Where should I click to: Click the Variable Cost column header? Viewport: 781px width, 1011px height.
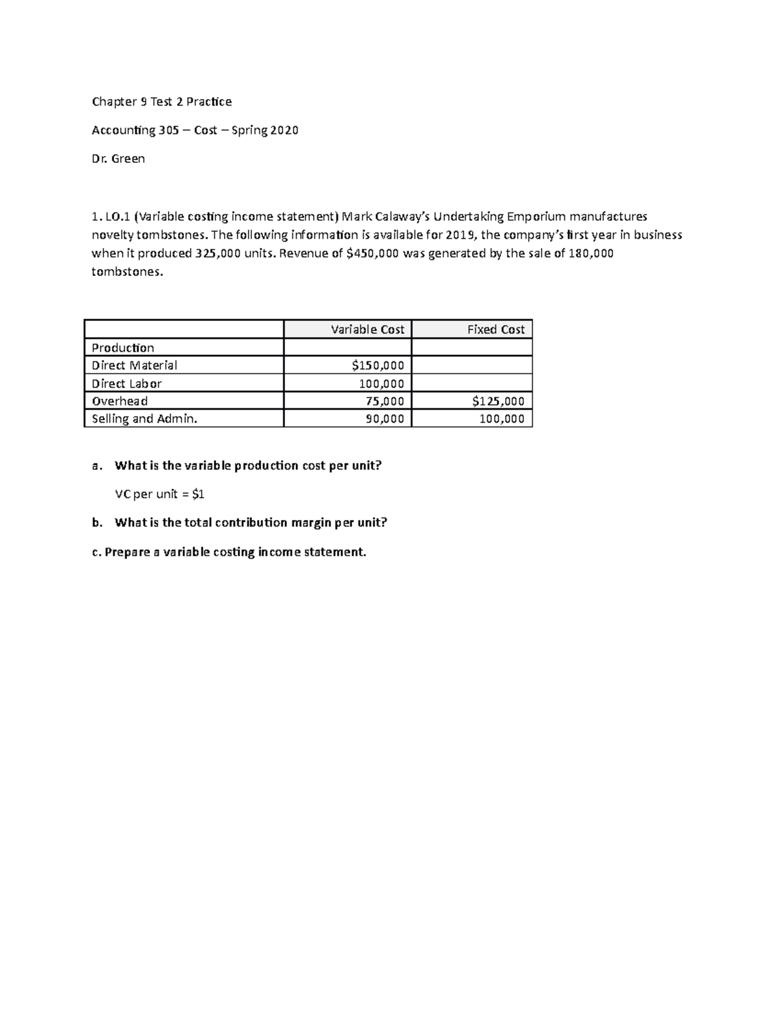pos(367,329)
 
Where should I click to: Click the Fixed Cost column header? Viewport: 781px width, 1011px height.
pos(495,329)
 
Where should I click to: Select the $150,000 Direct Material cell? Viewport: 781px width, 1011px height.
pos(377,365)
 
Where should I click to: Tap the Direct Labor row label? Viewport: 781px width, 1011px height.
pos(126,383)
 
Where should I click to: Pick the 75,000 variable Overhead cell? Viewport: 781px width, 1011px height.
pos(385,401)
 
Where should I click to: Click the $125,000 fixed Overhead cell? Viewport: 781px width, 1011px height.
pos(498,401)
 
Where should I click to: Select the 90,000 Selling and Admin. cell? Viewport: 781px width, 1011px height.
pos(385,419)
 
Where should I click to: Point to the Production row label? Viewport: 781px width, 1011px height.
pos(122,348)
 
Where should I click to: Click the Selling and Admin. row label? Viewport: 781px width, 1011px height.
pos(144,419)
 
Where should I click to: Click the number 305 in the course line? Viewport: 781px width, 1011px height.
pos(169,130)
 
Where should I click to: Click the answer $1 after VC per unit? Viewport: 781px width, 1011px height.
pos(199,494)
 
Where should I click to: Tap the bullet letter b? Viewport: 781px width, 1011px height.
pos(97,523)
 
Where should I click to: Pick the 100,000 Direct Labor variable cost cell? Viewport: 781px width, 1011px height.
pos(381,383)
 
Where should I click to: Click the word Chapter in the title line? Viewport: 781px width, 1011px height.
pos(114,102)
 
